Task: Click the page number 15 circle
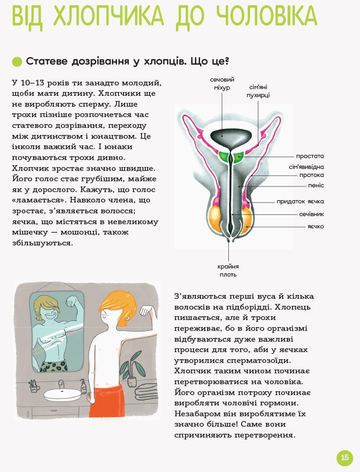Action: click(x=344, y=457)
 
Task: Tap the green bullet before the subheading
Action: click(x=17, y=62)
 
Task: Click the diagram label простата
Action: click(x=310, y=156)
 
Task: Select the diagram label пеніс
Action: click(x=316, y=185)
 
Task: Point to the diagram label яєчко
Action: click(x=316, y=227)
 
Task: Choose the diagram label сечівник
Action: click(x=311, y=214)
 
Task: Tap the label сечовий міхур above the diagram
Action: click(x=222, y=84)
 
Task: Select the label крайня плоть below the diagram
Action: click(x=228, y=270)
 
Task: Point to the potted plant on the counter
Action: click(x=131, y=372)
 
